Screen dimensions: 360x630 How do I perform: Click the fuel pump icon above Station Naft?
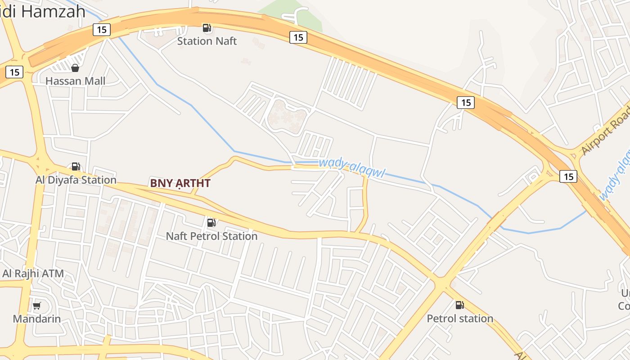pos(207,28)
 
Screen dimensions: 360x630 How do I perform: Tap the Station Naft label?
pos(207,41)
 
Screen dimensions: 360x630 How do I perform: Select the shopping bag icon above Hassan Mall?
pos(75,68)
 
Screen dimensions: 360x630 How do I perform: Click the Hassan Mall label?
pos(75,81)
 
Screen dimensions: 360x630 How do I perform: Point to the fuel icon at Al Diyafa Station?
pos(76,166)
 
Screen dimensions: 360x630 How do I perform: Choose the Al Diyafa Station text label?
pos(76,180)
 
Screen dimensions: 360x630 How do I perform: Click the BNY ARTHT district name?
pos(180,183)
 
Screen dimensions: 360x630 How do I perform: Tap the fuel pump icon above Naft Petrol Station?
pos(211,222)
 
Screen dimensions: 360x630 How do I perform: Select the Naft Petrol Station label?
pos(211,236)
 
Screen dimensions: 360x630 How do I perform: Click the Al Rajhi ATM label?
pos(33,273)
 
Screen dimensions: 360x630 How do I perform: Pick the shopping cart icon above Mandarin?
pos(37,306)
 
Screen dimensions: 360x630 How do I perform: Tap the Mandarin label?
pos(36,319)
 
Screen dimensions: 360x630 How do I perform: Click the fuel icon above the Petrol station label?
pos(459,305)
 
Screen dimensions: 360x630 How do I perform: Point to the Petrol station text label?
pos(460,319)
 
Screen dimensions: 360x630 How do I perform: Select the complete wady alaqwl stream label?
pos(351,167)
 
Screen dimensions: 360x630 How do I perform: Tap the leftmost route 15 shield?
pos(14,72)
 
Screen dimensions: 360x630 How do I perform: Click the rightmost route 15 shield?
pos(568,176)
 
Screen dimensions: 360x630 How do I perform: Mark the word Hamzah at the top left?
pos(53,11)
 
